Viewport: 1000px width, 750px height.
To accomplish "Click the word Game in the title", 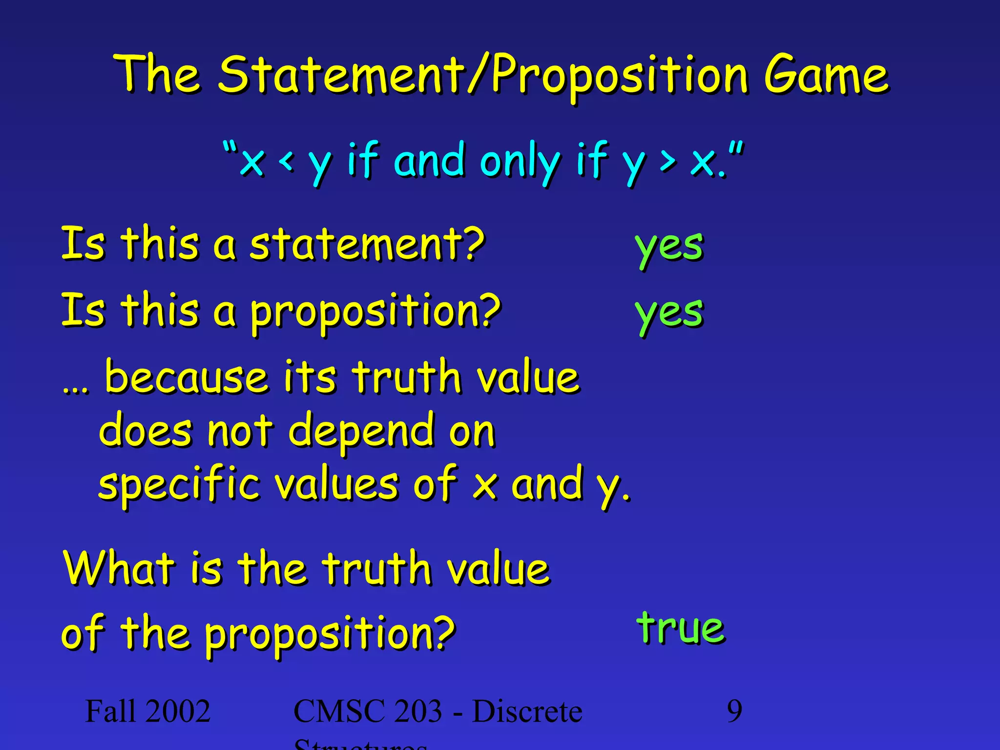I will (x=826, y=76).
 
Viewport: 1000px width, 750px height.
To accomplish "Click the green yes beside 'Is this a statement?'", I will (x=669, y=247).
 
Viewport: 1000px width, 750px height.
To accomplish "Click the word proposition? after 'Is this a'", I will (x=375, y=312).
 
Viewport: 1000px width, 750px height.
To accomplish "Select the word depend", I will (x=361, y=431).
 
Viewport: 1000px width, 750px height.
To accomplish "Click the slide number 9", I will (x=734, y=711).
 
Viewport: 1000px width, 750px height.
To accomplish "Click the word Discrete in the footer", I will (x=527, y=711).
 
